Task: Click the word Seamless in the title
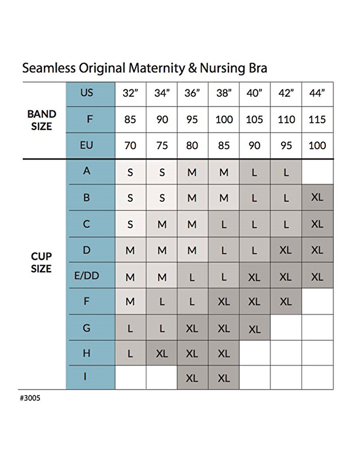pos(49,68)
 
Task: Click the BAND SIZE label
pos(42,120)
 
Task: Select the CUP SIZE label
pos(41,262)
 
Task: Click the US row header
pos(86,93)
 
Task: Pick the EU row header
pos(86,145)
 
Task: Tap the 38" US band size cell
pos(224,93)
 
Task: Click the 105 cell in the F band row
pos(254,119)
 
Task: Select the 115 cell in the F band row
pos(317,119)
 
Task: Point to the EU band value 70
pos(130,145)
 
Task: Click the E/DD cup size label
pos(86,276)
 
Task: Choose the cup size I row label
pos(85,376)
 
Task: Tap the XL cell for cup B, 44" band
pos(317,197)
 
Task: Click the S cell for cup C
pos(130,224)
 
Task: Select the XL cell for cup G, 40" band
pos(254,329)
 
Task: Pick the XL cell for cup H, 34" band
pos(162,353)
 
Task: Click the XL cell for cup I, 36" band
pos(192,378)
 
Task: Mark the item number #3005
pos(30,398)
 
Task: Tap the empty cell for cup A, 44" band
pos(317,172)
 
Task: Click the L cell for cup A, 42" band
pos(286,172)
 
